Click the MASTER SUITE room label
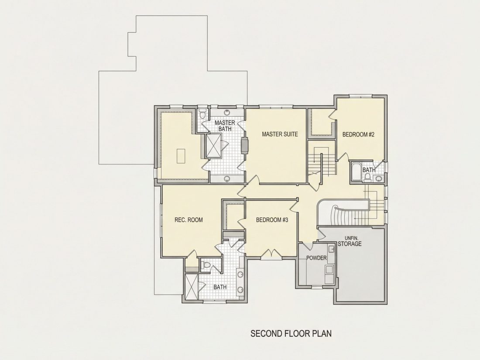[x=280, y=134]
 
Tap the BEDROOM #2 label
[x=358, y=134]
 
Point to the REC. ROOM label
[x=189, y=220]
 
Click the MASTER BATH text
[x=225, y=126]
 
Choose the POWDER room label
[x=316, y=258]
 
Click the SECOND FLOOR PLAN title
[x=291, y=333]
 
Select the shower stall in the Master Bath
[x=214, y=145]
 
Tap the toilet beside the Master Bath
[x=202, y=114]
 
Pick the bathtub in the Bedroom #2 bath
[x=355, y=172]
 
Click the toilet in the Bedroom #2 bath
[x=367, y=176]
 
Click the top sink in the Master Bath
[x=227, y=112]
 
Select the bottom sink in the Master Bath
[x=227, y=179]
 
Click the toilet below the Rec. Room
[x=206, y=265]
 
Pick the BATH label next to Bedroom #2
[x=369, y=170]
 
